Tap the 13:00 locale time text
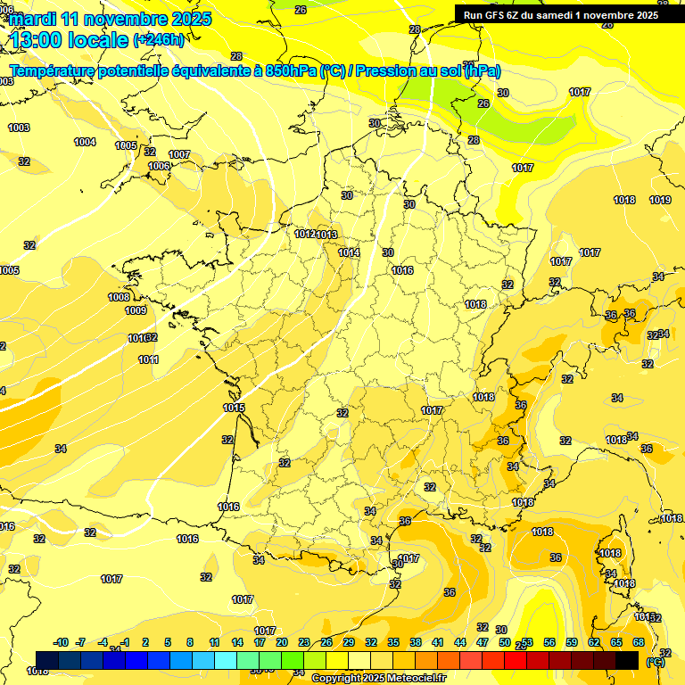point(70,39)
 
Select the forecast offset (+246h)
point(159,40)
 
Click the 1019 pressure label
point(660,200)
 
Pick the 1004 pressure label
point(85,142)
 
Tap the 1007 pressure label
point(179,154)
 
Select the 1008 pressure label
point(119,297)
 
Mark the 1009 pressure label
point(136,310)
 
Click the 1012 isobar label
point(305,234)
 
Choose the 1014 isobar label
point(349,252)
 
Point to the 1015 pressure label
point(234,408)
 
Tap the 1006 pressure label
point(159,166)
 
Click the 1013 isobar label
point(326,235)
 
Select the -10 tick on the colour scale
point(61,642)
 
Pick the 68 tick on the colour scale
point(639,642)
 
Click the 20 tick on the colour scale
point(281,642)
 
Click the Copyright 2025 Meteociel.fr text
point(378,678)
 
